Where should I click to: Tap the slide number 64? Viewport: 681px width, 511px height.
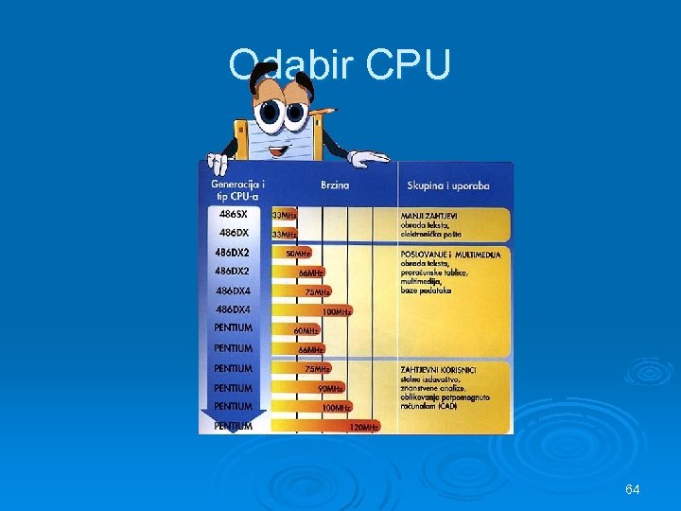(633, 489)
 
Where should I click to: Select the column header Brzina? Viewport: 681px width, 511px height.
(335, 185)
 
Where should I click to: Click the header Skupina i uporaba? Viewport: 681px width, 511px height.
(448, 185)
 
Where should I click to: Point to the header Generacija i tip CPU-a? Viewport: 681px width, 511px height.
(237, 188)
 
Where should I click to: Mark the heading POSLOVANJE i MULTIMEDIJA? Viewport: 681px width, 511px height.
(450, 254)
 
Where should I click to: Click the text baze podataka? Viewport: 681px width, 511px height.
(426, 291)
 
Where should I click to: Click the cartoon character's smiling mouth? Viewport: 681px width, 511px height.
(277, 148)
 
